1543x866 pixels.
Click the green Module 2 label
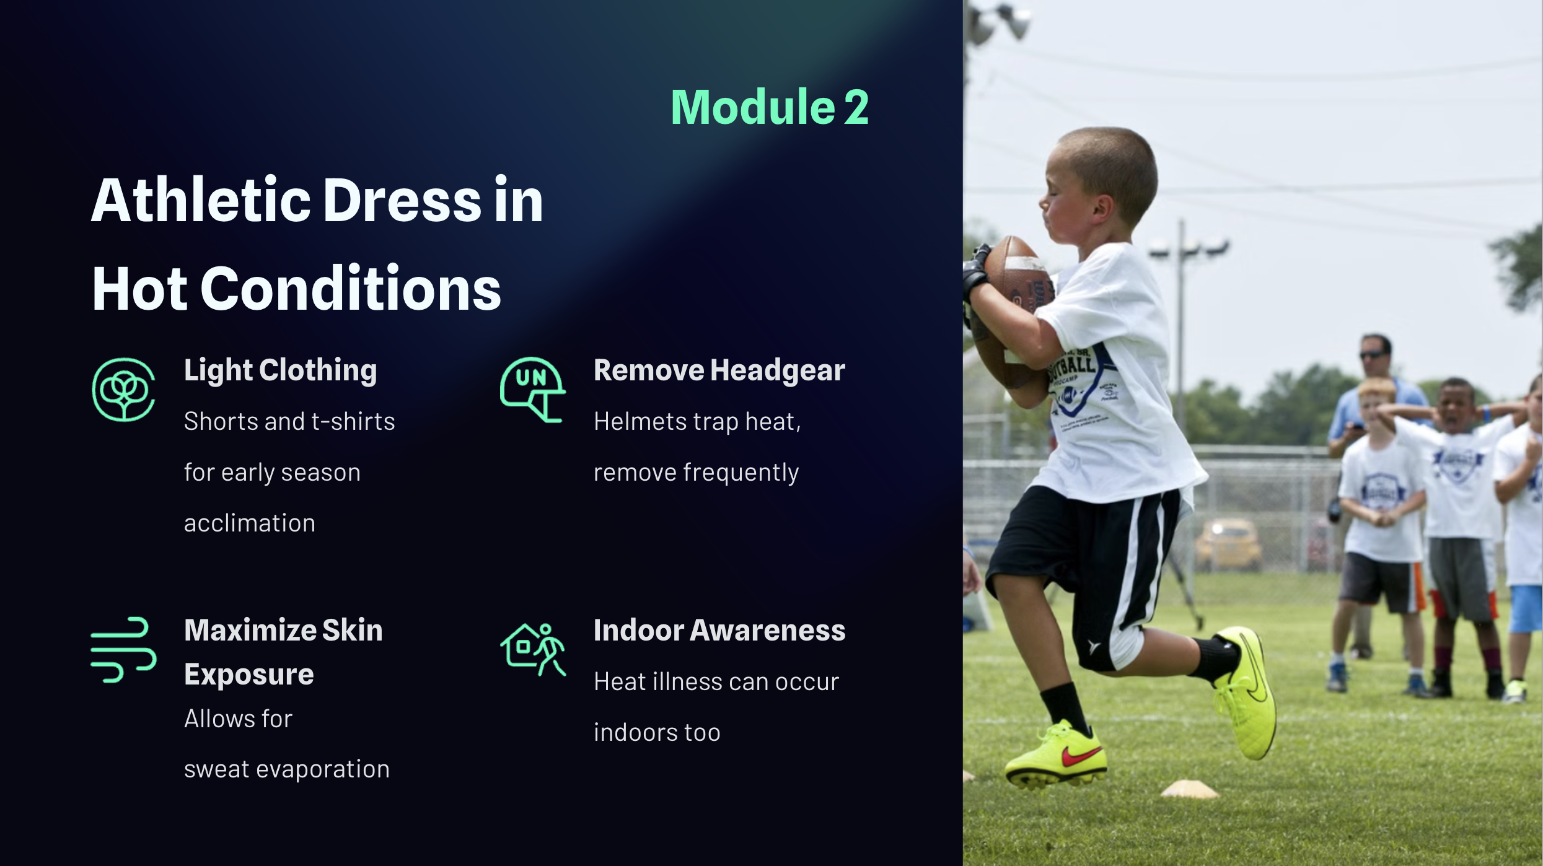[x=770, y=107]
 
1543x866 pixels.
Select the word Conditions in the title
[x=351, y=289]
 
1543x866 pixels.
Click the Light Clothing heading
[x=280, y=371]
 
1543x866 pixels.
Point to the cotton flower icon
[x=123, y=390]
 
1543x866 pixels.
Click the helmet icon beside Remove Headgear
[x=532, y=390]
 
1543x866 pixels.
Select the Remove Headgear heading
[x=719, y=370]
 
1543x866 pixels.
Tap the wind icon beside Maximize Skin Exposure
[x=123, y=650]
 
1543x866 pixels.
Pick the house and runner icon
[x=532, y=649]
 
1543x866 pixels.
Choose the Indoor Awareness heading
[x=719, y=631]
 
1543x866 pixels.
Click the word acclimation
[x=250, y=523]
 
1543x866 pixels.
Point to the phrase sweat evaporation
[x=287, y=769]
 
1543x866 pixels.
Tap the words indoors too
[x=657, y=733]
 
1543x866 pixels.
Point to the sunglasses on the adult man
[x=1374, y=354]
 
